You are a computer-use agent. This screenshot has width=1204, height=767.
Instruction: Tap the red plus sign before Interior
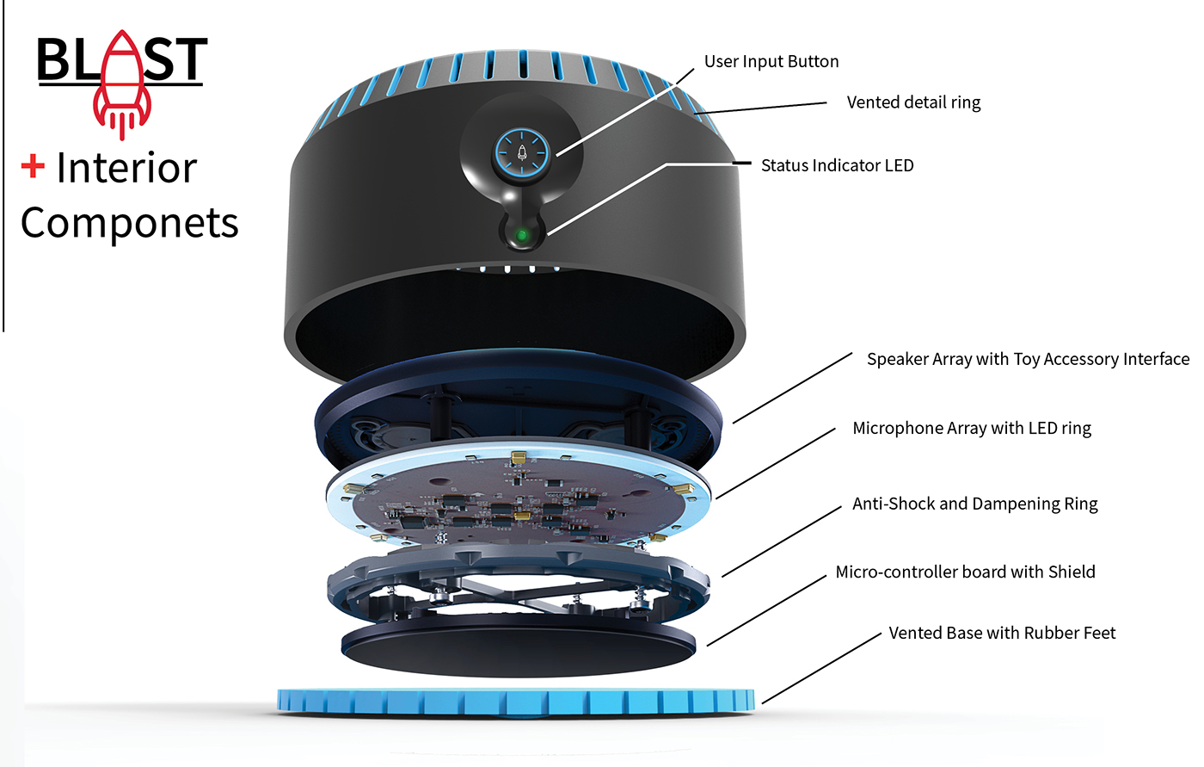[x=33, y=166]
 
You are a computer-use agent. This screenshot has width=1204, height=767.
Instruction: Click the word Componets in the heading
[x=129, y=223]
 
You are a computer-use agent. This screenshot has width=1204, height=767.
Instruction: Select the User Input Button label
[x=771, y=61]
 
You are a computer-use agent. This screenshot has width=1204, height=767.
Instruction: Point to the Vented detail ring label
[x=913, y=102]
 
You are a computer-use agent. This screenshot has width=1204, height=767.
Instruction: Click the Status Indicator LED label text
[x=837, y=165]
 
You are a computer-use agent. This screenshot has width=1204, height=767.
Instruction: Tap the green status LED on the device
[x=521, y=233]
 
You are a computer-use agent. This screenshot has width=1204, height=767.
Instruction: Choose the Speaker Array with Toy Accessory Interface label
[x=1028, y=359]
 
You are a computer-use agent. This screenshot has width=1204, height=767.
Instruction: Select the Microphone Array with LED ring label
[x=972, y=428]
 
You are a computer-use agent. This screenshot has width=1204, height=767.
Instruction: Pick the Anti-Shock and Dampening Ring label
[x=974, y=504]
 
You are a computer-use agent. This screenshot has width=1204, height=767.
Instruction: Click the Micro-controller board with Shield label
[x=965, y=572]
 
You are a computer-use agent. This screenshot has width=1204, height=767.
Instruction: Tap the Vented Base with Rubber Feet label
[x=1002, y=633]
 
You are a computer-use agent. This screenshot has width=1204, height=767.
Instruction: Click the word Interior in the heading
[x=126, y=168]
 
